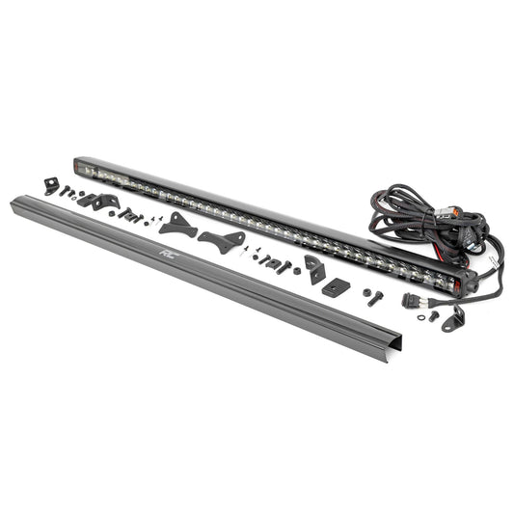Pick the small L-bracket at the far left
point(51,185)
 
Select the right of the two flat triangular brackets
point(221,241)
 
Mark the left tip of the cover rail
point(14,200)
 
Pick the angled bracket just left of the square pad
point(314,270)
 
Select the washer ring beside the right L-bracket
point(431,314)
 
